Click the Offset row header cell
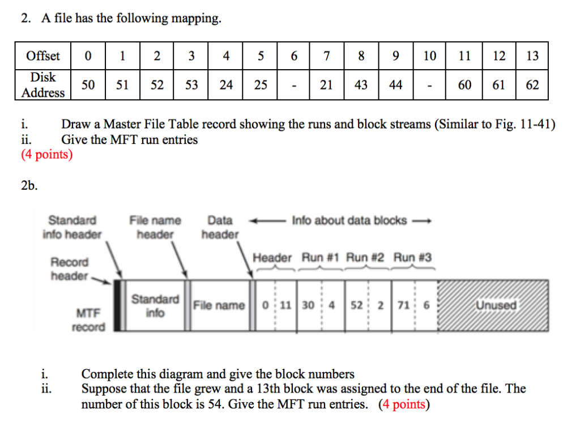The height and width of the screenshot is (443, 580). click(x=43, y=56)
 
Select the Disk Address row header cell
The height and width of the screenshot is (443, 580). click(x=43, y=85)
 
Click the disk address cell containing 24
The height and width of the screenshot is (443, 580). click(x=226, y=85)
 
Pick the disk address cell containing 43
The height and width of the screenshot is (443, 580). click(x=361, y=85)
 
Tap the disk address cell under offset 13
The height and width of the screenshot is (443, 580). click(x=532, y=85)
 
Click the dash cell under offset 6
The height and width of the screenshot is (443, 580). click(x=294, y=85)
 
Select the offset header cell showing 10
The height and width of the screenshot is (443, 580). click(x=430, y=56)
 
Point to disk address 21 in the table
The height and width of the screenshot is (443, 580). click(x=326, y=85)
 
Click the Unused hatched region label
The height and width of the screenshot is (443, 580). click(x=496, y=305)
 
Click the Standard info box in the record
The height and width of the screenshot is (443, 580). click(x=155, y=305)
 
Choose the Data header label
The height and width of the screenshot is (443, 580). click(x=220, y=227)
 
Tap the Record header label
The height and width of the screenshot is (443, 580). click(x=70, y=269)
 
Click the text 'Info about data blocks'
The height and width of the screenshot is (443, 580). click(x=349, y=220)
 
